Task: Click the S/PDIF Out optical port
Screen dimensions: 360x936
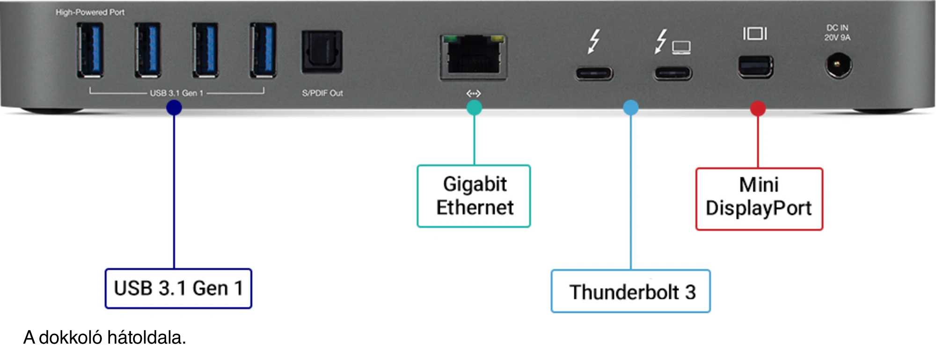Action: point(322,51)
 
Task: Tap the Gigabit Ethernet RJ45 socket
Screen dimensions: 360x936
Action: point(474,57)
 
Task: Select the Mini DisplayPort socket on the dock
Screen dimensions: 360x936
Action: point(755,66)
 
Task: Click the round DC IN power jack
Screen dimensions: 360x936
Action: point(838,65)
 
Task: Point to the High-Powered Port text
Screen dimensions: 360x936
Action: point(90,12)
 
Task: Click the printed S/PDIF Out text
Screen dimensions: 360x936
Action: point(322,93)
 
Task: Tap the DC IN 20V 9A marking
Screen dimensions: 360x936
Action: point(837,33)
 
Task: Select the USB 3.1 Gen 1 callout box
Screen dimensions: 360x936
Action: point(178,288)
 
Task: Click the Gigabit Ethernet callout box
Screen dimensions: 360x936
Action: point(474,196)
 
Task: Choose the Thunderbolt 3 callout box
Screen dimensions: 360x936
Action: point(631,291)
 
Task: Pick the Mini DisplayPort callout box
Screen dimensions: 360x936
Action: point(759,199)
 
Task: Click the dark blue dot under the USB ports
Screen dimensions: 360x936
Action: point(174,108)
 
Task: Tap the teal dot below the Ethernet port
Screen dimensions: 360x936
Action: point(474,108)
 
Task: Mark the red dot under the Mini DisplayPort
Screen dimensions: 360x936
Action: point(758,108)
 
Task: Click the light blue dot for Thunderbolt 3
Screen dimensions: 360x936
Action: point(631,108)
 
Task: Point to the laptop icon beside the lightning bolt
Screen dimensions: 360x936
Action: point(681,47)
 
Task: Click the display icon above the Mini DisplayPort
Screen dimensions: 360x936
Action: point(755,34)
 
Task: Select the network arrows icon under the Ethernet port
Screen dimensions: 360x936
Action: point(474,94)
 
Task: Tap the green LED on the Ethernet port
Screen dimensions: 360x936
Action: point(450,39)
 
